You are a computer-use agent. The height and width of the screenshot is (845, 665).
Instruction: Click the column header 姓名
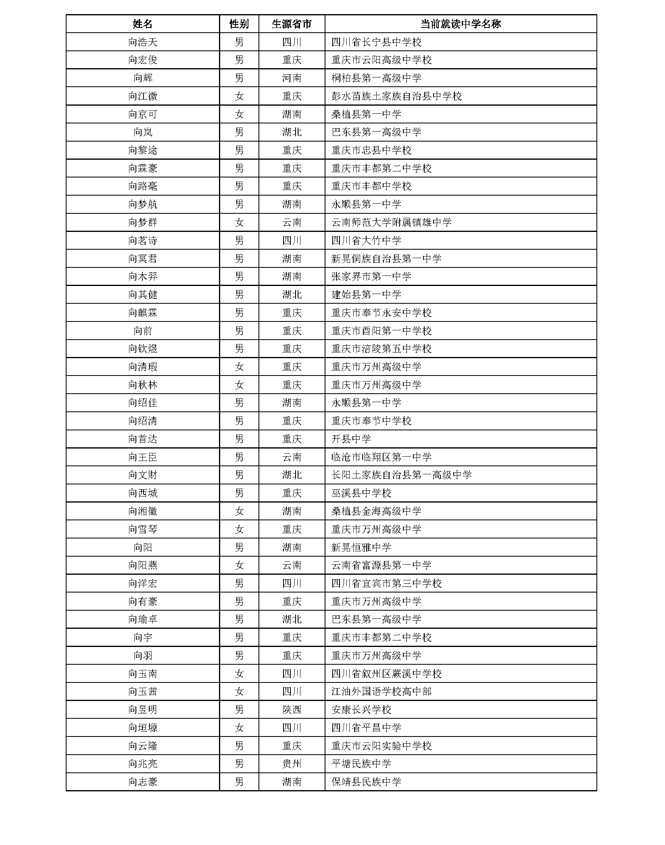142,24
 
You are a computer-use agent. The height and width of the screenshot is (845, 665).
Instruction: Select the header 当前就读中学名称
460,24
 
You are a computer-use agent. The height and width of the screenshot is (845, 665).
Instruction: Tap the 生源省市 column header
292,24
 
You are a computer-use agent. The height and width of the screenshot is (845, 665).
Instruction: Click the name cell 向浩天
142,42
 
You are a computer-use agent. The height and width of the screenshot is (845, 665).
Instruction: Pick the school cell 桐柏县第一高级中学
376,78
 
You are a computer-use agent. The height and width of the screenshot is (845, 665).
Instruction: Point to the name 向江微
142,96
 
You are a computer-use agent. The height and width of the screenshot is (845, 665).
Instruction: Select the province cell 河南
292,78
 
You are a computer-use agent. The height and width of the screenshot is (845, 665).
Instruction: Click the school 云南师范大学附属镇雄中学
391,223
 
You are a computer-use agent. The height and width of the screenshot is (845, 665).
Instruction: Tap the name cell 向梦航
142,204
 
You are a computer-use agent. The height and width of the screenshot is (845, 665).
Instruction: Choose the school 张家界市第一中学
371,277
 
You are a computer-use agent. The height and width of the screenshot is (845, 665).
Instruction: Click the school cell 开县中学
351,439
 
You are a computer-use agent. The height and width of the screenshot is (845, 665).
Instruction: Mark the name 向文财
142,475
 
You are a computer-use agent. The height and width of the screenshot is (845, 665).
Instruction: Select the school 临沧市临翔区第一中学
381,457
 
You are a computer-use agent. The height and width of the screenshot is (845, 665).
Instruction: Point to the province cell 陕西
292,710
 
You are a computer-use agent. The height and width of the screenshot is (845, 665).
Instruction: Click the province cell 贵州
292,764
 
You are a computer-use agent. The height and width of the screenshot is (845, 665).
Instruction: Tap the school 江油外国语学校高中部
381,692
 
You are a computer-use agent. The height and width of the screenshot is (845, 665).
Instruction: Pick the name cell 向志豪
142,782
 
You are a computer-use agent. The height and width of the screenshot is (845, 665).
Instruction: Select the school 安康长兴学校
361,710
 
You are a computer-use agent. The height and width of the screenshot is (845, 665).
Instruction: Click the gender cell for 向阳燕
239,565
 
